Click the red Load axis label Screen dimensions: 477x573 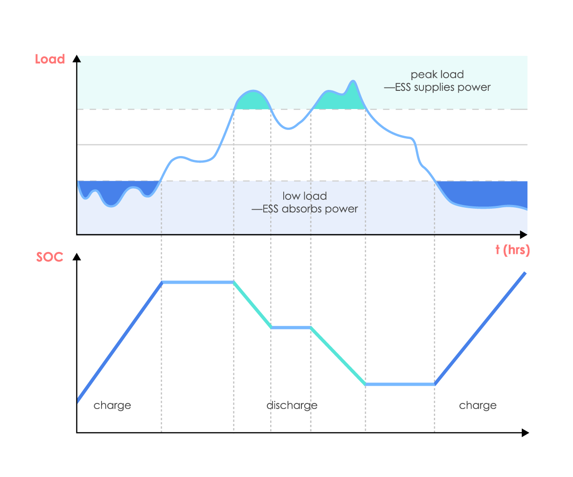(x=50, y=60)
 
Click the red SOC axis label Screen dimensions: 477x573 (x=50, y=257)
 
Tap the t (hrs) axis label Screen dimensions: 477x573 (x=512, y=250)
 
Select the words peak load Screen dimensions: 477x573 (x=437, y=75)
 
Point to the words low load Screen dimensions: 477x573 (x=305, y=196)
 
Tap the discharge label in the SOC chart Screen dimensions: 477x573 (x=292, y=405)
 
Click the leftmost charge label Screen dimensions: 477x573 (x=112, y=405)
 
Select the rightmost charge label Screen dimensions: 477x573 (x=477, y=405)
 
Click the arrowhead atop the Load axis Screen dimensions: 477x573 (x=77, y=59)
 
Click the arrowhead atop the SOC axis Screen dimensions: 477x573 (x=77, y=257)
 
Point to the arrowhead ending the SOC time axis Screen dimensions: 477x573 (x=525, y=433)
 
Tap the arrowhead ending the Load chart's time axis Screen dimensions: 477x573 (x=524, y=234)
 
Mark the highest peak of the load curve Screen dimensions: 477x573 (x=353, y=81)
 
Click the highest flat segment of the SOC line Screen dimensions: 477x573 (x=198, y=282)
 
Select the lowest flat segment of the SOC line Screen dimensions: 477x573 (x=400, y=384)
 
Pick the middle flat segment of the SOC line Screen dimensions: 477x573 (x=291, y=327)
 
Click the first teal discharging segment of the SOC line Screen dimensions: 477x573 (x=252, y=305)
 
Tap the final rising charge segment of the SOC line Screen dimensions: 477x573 (x=480, y=328)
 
